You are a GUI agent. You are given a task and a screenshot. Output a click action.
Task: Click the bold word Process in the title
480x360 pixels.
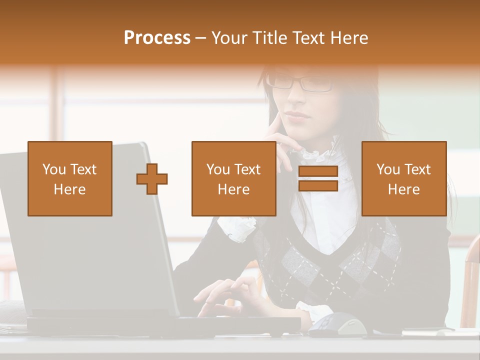(157, 38)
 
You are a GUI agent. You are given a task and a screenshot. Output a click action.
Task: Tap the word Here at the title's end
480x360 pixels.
(348, 38)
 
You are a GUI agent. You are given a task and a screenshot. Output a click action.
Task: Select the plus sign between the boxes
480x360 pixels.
(152, 178)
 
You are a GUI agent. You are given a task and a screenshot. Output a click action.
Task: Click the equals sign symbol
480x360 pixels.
(318, 178)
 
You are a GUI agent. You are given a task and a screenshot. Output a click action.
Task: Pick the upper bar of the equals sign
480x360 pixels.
(318, 172)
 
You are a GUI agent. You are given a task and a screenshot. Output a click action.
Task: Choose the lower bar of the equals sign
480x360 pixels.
(318, 185)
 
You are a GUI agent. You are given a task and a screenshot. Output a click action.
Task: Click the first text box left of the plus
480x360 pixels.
(70, 178)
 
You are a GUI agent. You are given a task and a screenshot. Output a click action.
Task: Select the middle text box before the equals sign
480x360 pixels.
(233, 178)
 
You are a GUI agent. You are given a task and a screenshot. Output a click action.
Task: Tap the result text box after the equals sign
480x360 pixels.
(403, 178)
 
